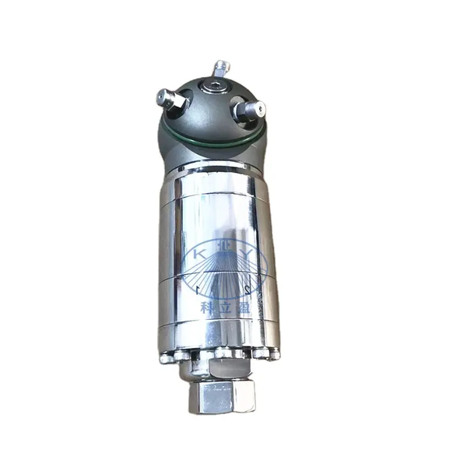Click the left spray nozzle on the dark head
pos(168,99)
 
